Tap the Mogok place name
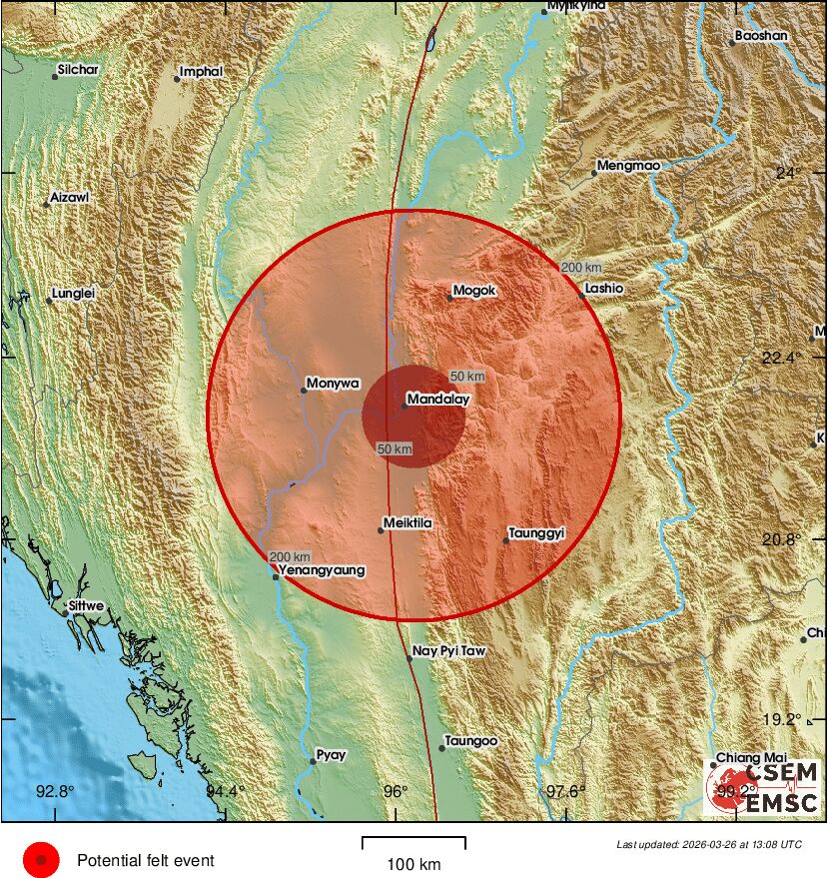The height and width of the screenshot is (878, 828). pos(474,292)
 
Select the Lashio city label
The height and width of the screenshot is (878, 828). pos(604,289)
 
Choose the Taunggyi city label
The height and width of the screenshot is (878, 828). pos(537,533)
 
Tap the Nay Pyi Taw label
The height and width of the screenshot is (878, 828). pos(449,651)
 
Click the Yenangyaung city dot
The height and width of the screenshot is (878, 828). pos(277,576)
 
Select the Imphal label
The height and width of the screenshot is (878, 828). pos(202,72)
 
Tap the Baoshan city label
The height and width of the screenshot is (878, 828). pos(761,36)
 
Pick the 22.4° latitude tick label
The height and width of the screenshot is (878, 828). pos(798,358)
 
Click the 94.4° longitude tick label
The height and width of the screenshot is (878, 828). pos(226,792)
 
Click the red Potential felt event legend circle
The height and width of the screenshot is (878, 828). pos(42,859)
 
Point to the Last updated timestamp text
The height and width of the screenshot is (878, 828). pos(708,844)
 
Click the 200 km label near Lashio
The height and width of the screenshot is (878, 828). pos(579,267)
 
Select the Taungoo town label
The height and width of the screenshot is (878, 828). pos(471,741)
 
